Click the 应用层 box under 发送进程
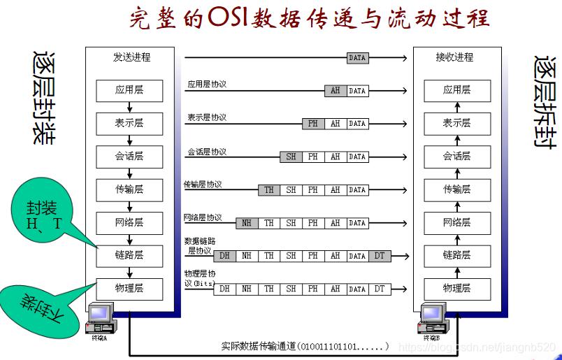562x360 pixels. pyautogui.click(x=129, y=90)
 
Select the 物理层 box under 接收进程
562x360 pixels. pyautogui.click(x=456, y=289)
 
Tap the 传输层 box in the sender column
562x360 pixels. pyautogui.click(x=129, y=189)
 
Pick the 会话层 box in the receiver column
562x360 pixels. pyautogui.click(x=456, y=156)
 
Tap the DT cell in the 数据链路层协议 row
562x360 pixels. pyautogui.click(x=379, y=256)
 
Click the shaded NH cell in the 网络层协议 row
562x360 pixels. pyautogui.click(x=246, y=223)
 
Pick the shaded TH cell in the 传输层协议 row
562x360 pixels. pyautogui.click(x=268, y=190)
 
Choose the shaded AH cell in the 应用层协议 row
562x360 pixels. pyautogui.click(x=335, y=91)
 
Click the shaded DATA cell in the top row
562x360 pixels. pyautogui.click(x=357, y=58)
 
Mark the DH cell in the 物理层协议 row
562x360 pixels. pyautogui.click(x=224, y=288)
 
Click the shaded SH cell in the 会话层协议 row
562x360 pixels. pyautogui.click(x=291, y=157)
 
